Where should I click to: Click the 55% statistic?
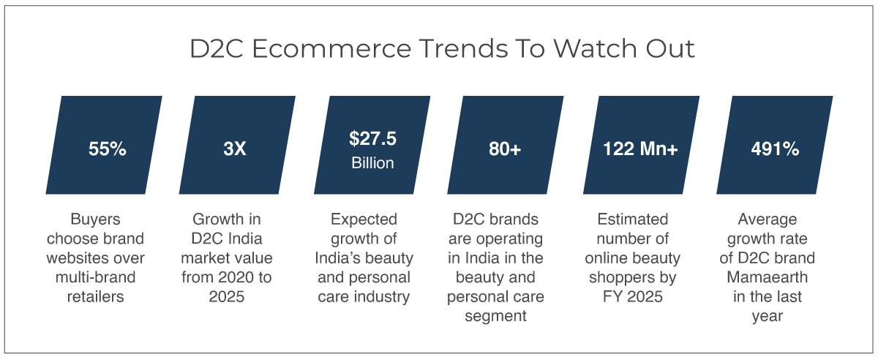pyautogui.click(x=108, y=149)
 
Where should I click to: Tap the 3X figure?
pyautogui.click(x=235, y=149)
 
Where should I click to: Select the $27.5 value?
pyautogui.click(x=372, y=139)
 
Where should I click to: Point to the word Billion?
pyautogui.click(x=372, y=163)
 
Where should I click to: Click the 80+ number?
pyautogui.click(x=505, y=149)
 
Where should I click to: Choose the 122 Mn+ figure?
pyautogui.click(x=640, y=149)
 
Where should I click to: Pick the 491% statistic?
pyautogui.click(x=775, y=149)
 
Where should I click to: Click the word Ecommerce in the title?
pyautogui.click(x=331, y=48)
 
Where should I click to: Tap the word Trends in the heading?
pyautogui.click(x=464, y=48)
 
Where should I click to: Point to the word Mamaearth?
pyautogui.click(x=767, y=277)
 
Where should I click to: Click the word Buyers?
pyautogui.click(x=95, y=220)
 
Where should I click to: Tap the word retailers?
pyautogui.click(x=95, y=297)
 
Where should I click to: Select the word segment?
pyautogui.click(x=495, y=316)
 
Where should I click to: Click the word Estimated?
pyautogui.click(x=633, y=220)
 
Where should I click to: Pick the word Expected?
pyautogui.click(x=364, y=220)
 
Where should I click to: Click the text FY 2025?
pyautogui.click(x=633, y=297)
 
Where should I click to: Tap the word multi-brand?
pyautogui.click(x=95, y=277)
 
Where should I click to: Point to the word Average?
pyautogui.click(x=767, y=220)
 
